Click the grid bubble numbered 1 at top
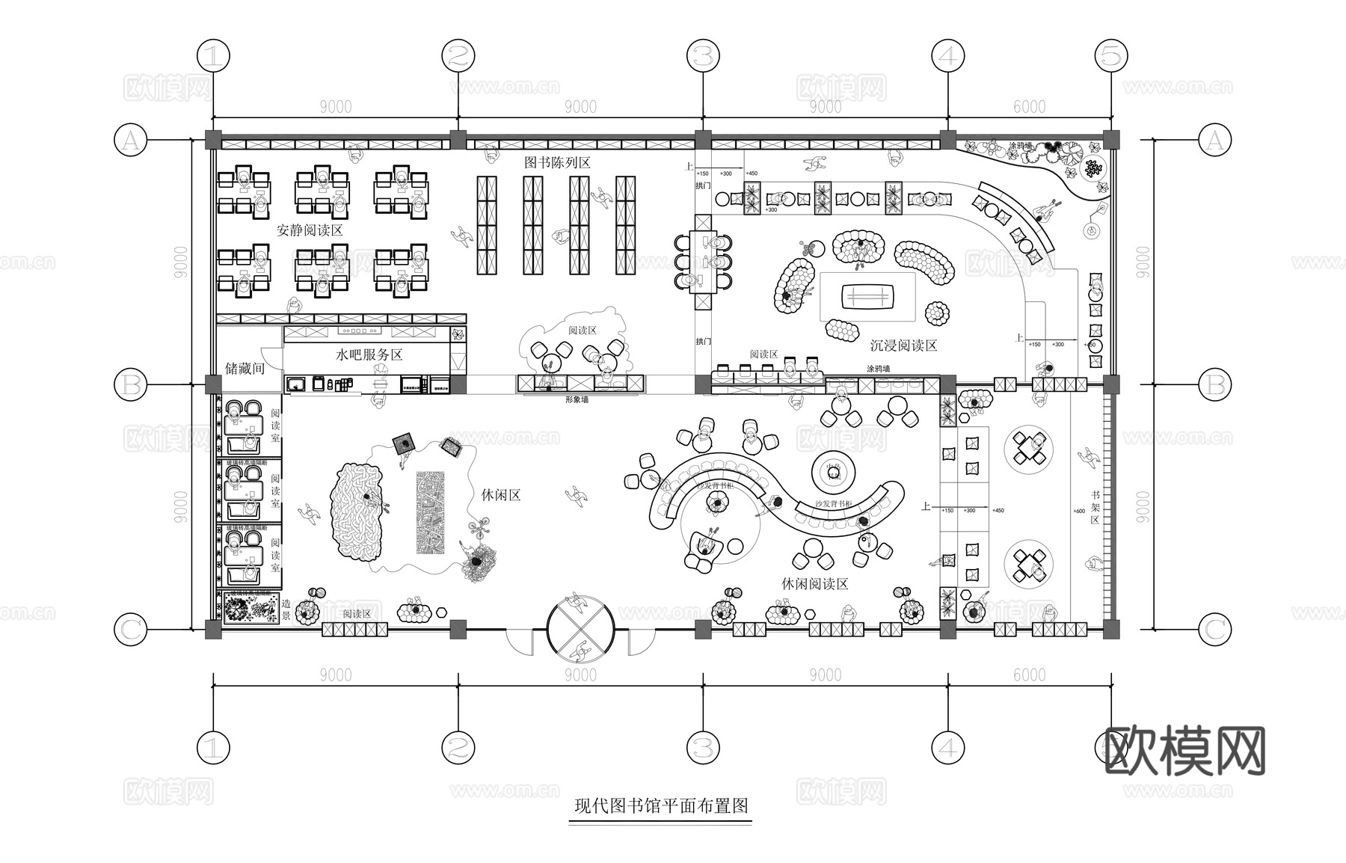click(213, 55)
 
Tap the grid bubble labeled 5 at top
click(1111, 55)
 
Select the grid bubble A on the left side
click(131, 140)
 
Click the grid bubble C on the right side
click(1214, 630)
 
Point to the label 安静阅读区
click(310, 230)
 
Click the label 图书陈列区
click(557, 162)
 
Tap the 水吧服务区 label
click(369, 355)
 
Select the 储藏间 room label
click(245, 368)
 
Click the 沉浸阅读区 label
click(903, 345)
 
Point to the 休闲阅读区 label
click(815, 584)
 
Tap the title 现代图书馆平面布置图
click(661, 806)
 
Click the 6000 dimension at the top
click(1029, 107)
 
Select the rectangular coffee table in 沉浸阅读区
click(868, 297)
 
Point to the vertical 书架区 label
click(1095, 507)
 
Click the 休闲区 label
click(500, 495)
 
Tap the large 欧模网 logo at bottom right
click(1184, 751)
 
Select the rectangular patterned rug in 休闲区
click(431, 512)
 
